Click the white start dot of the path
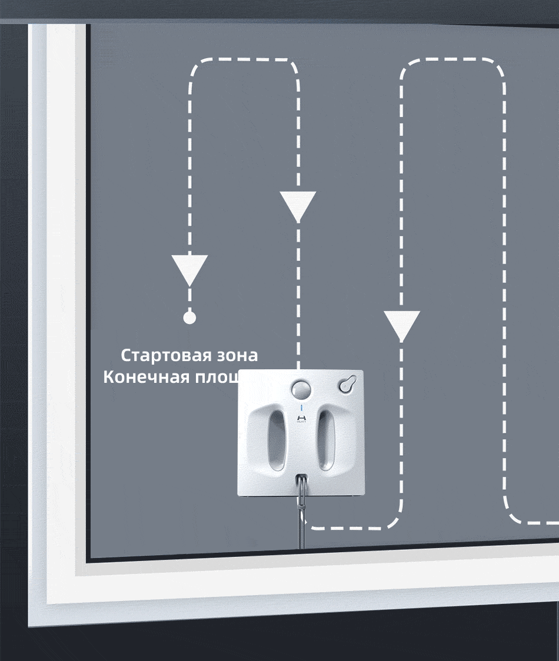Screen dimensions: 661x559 coord(189,318)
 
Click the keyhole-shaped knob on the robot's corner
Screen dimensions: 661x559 coord(348,383)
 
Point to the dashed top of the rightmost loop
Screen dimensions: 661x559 coord(453,60)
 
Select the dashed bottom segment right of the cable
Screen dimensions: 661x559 coord(353,528)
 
